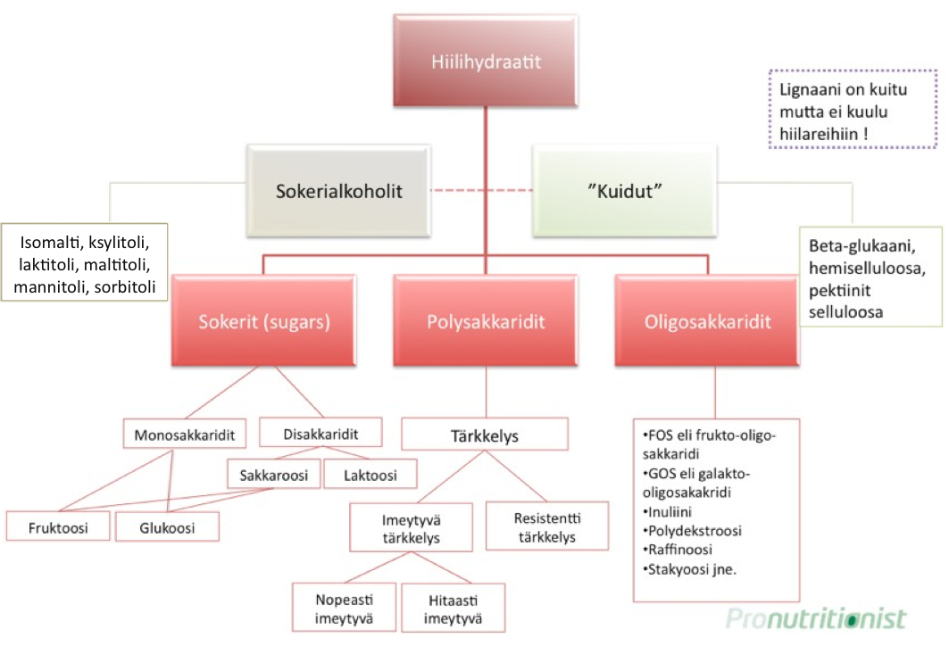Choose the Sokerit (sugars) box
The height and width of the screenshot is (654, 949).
click(x=262, y=321)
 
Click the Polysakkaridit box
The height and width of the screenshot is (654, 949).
click(x=486, y=321)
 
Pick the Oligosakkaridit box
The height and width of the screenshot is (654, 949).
click(x=709, y=321)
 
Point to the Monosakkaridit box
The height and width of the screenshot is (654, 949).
click(x=184, y=435)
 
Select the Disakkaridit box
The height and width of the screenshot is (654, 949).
click(x=320, y=434)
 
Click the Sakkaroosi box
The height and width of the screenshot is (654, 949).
click(x=273, y=475)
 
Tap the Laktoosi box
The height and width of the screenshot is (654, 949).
click(x=370, y=475)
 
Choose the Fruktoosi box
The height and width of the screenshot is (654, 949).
click(x=60, y=526)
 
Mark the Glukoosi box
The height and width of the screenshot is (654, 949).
click(x=167, y=526)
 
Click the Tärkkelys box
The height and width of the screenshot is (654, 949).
click(x=485, y=436)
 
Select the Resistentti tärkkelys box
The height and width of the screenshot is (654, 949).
click(x=545, y=526)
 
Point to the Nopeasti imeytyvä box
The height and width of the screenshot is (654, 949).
click(x=344, y=608)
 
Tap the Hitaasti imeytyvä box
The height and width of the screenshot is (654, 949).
click(x=453, y=608)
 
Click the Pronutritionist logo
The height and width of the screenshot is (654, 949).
click(x=815, y=617)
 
